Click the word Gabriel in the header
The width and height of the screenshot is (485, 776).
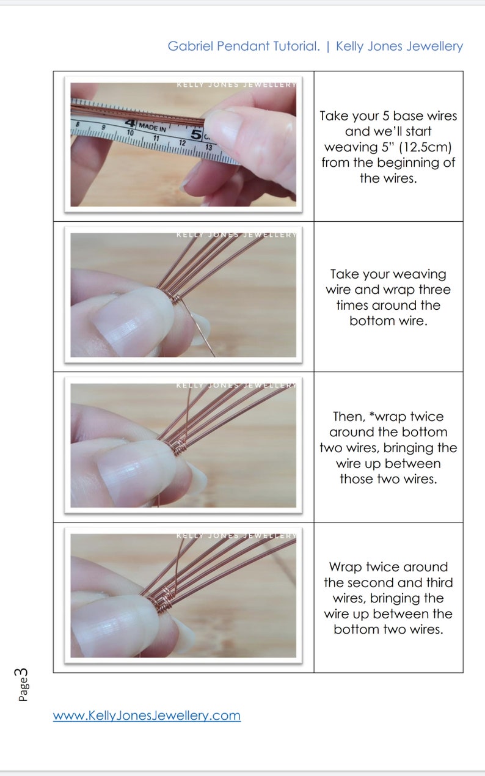[x=191, y=46]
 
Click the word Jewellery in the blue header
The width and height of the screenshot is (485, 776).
[x=434, y=46]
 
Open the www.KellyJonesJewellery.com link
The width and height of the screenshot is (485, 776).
[x=147, y=716]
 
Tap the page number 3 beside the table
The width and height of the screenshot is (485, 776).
[x=21, y=674]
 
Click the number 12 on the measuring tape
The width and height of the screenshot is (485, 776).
[x=182, y=143]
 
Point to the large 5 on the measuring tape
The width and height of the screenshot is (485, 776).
[x=196, y=134]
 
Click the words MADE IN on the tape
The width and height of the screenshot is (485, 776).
[x=153, y=127]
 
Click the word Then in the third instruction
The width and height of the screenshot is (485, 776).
[x=349, y=416]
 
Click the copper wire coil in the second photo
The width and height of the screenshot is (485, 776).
[x=176, y=299]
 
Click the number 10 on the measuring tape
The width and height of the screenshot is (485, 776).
[x=130, y=133]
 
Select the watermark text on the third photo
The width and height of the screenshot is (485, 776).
[x=236, y=385]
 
